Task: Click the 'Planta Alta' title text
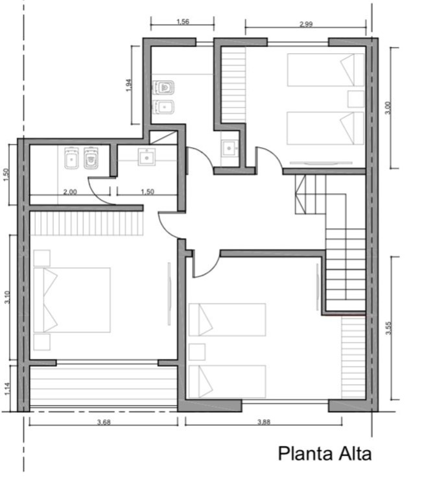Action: (x=325, y=454)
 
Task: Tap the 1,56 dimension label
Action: (x=183, y=21)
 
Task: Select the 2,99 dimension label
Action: (x=306, y=24)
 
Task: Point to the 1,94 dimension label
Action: (x=128, y=85)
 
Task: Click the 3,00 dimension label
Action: (x=388, y=108)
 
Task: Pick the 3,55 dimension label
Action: (x=388, y=328)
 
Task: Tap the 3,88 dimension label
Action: (x=264, y=421)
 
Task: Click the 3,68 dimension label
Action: (x=104, y=422)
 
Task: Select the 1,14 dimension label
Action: (x=7, y=389)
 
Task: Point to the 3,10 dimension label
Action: (x=7, y=297)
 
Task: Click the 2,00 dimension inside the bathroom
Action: (x=70, y=192)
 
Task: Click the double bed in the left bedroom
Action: (x=72, y=300)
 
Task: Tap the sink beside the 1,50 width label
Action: (x=147, y=157)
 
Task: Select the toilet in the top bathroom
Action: (x=163, y=88)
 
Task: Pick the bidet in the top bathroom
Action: (x=163, y=107)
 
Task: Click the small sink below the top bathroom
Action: (x=229, y=148)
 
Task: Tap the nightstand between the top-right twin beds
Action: (x=356, y=99)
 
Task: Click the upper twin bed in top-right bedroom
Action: (x=325, y=70)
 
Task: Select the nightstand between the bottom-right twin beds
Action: (x=197, y=352)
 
